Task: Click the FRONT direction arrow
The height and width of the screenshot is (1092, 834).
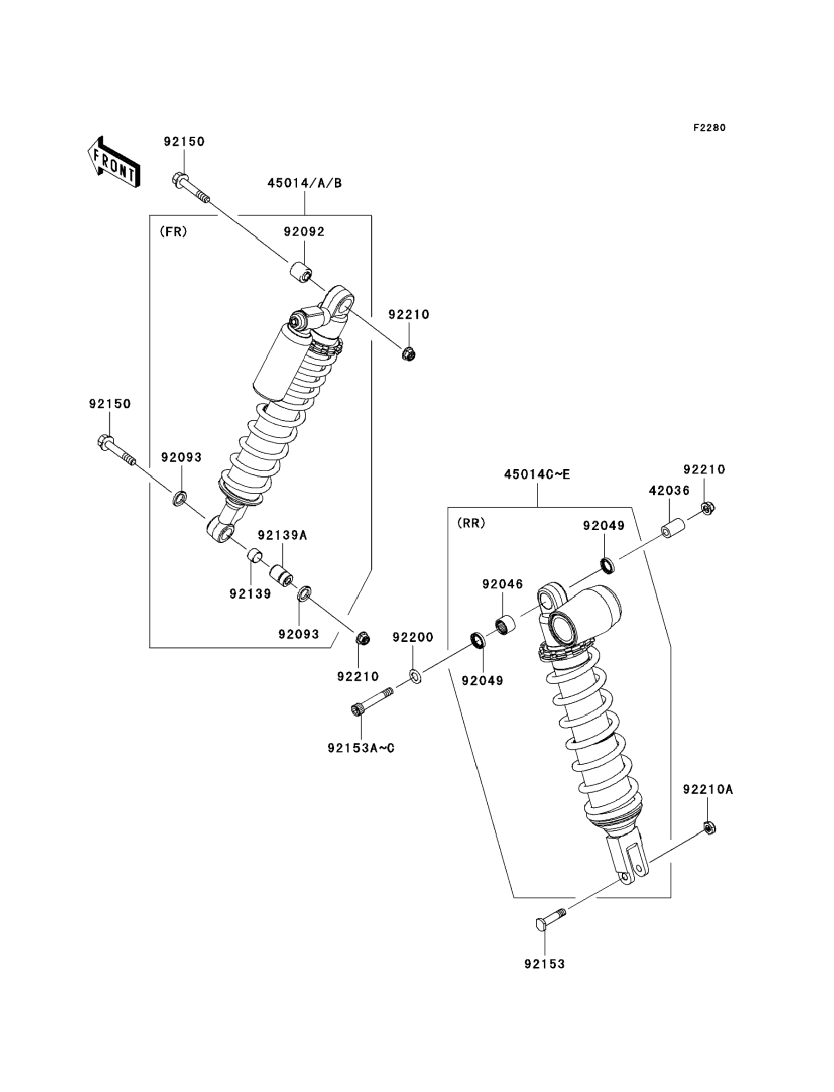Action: (x=113, y=162)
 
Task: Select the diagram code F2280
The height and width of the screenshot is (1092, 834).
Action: (x=709, y=128)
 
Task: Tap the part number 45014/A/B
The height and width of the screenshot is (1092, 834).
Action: (x=305, y=183)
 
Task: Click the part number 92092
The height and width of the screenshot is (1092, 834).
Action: (x=304, y=232)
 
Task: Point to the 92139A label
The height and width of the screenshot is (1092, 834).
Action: (x=282, y=535)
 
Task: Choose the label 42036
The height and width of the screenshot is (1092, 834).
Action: (x=669, y=491)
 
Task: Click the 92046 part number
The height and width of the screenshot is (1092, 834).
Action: (x=503, y=584)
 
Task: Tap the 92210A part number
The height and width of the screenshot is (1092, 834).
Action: (x=708, y=789)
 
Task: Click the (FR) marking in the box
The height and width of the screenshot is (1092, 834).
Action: (x=173, y=232)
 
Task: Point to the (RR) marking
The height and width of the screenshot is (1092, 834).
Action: (x=471, y=523)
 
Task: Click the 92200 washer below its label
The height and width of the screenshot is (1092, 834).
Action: (x=416, y=676)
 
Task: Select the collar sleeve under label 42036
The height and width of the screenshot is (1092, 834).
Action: (x=673, y=528)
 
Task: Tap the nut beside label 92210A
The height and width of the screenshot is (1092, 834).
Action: (x=710, y=828)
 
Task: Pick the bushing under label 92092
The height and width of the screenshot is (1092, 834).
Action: (x=301, y=274)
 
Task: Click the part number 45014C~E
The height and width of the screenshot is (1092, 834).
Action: (x=537, y=474)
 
